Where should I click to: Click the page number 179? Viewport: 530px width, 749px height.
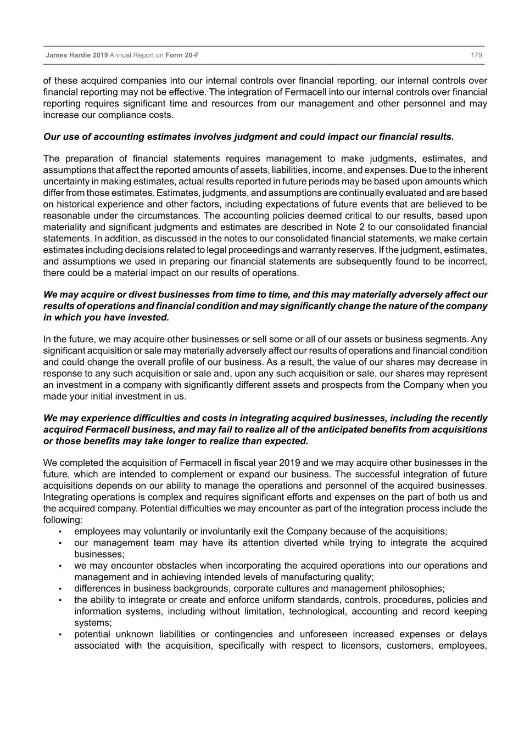point(476,55)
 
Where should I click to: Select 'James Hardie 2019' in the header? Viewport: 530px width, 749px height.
point(77,55)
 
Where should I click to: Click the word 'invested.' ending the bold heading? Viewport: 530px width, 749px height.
point(150,318)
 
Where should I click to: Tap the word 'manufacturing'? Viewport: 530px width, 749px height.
point(308,577)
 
